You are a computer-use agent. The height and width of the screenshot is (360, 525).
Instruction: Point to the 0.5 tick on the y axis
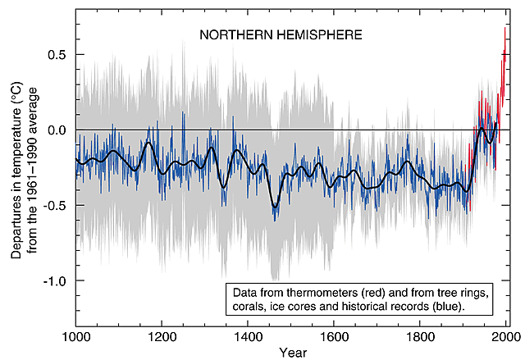(57, 55)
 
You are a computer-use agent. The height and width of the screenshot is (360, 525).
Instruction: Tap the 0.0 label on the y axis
(57, 130)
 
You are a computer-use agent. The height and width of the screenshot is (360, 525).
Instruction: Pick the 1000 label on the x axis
(75, 336)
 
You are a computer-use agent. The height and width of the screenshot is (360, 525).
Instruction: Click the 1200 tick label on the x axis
(162, 336)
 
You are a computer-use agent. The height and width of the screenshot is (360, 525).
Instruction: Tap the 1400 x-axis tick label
(248, 336)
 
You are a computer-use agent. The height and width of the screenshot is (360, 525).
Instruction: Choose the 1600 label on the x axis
(334, 336)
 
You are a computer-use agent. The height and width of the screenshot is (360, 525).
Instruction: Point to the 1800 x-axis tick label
(420, 336)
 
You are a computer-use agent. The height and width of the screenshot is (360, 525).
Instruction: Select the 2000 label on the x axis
(505, 336)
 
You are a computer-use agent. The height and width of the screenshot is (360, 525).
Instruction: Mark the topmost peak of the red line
(504, 29)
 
